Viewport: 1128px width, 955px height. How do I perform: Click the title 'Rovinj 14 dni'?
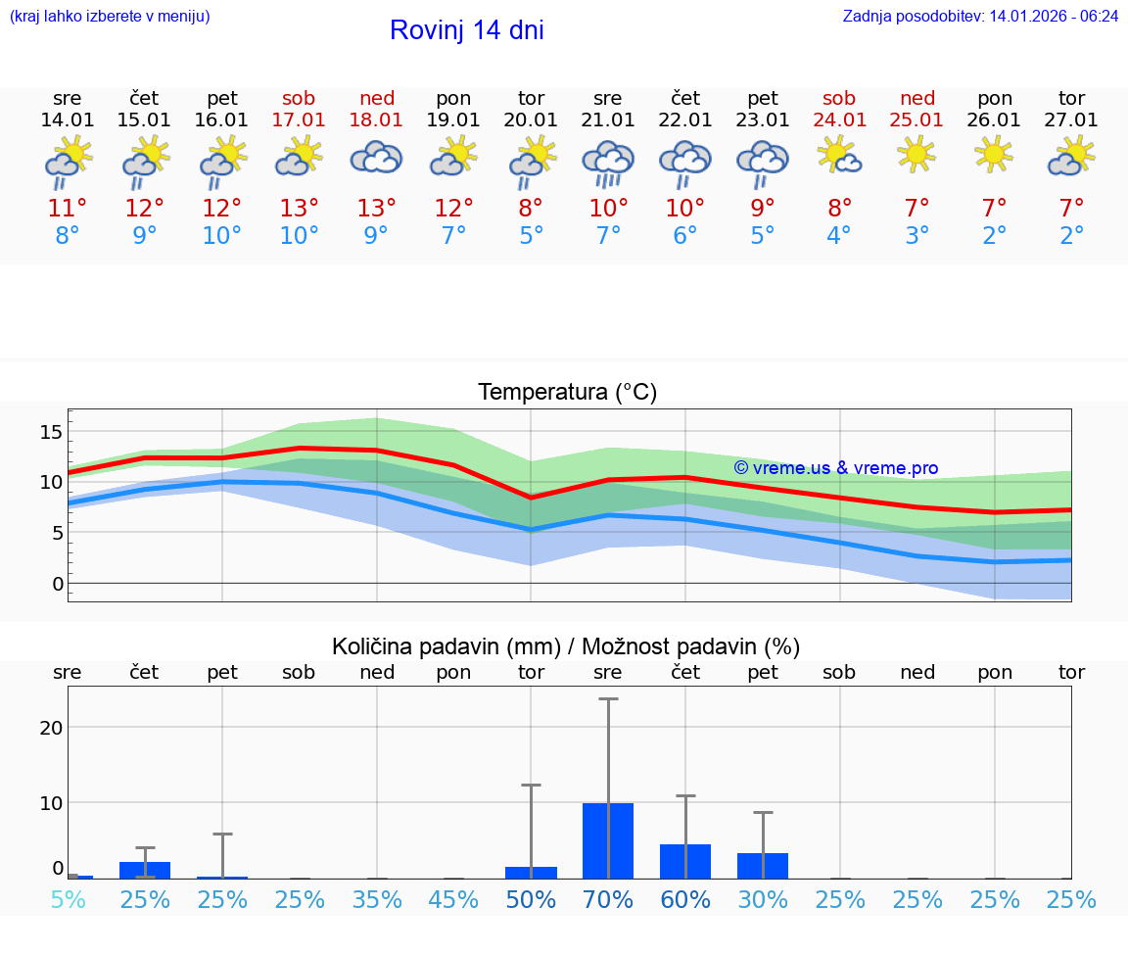pyautogui.click(x=466, y=30)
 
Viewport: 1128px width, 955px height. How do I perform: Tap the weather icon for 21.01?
pyautogui.click(x=608, y=162)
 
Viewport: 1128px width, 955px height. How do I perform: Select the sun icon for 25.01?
pyautogui.click(x=916, y=154)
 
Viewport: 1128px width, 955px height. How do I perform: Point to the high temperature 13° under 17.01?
pyautogui.click(x=300, y=208)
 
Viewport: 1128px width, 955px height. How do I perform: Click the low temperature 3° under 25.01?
pyautogui.click(x=916, y=236)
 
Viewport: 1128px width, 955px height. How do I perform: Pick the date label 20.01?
pyautogui.click(x=531, y=120)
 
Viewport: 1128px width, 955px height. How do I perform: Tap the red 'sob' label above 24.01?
pyautogui.click(x=839, y=98)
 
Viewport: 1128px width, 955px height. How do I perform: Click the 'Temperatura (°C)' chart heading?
pyautogui.click(x=567, y=392)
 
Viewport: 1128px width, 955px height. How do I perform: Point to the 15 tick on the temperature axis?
pyautogui.click(x=51, y=432)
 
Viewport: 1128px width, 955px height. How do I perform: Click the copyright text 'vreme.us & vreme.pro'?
pyautogui.click(x=836, y=468)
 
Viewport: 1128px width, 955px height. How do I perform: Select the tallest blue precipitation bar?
pyautogui.click(x=608, y=840)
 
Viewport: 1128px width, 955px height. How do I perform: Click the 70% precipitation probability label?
pyautogui.click(x=608, y=900)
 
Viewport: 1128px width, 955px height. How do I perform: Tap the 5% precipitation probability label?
pyautogui.click(x=68, y=900)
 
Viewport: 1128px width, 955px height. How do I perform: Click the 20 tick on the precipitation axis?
pyautogui.click(x=51, y=728)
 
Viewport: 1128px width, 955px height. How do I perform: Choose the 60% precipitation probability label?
pyautogui.click(x=685, y=900)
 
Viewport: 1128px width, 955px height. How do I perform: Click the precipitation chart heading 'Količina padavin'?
pyautogui.click(x=566, y=646)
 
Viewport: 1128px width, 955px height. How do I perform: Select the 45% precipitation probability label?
pyautogui.click(x=453, y=900)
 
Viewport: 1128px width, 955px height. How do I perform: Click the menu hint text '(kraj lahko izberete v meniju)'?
pyautogui.click(x=110, y=16)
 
